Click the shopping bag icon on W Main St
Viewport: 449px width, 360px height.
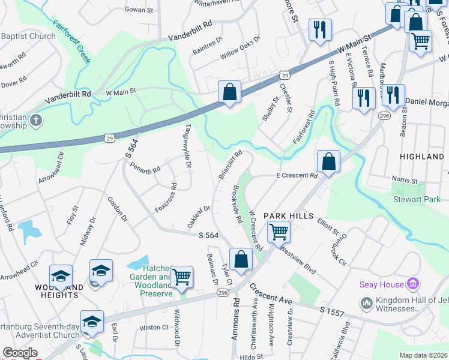coord(229,93)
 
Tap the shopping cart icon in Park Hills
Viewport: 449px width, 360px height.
coord(279,232)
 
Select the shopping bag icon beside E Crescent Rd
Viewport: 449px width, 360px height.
coord(328,161)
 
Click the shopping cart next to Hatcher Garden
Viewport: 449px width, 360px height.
coord(181,277)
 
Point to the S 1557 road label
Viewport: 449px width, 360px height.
coord(332,310)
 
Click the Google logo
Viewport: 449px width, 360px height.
coord(20,353)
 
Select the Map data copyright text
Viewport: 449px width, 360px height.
coord(423,355)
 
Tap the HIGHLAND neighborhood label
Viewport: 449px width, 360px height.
coord(421,157)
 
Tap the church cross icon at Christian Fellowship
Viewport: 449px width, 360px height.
coord(35,121)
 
